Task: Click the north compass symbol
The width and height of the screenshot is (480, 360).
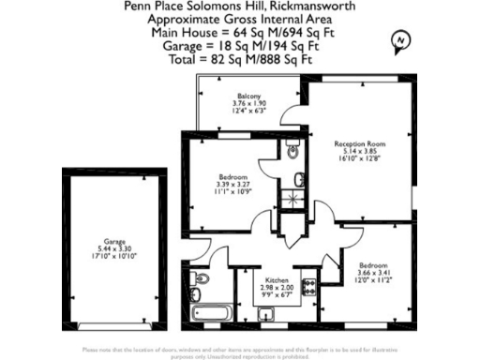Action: pos(401,39)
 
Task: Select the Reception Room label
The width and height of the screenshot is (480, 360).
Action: pos(361,143)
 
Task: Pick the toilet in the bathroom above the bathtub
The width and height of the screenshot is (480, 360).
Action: pos(199,278)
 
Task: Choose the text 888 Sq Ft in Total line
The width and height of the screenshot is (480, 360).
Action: pos(305,59)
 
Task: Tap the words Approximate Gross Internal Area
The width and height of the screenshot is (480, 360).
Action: pos(240,19)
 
